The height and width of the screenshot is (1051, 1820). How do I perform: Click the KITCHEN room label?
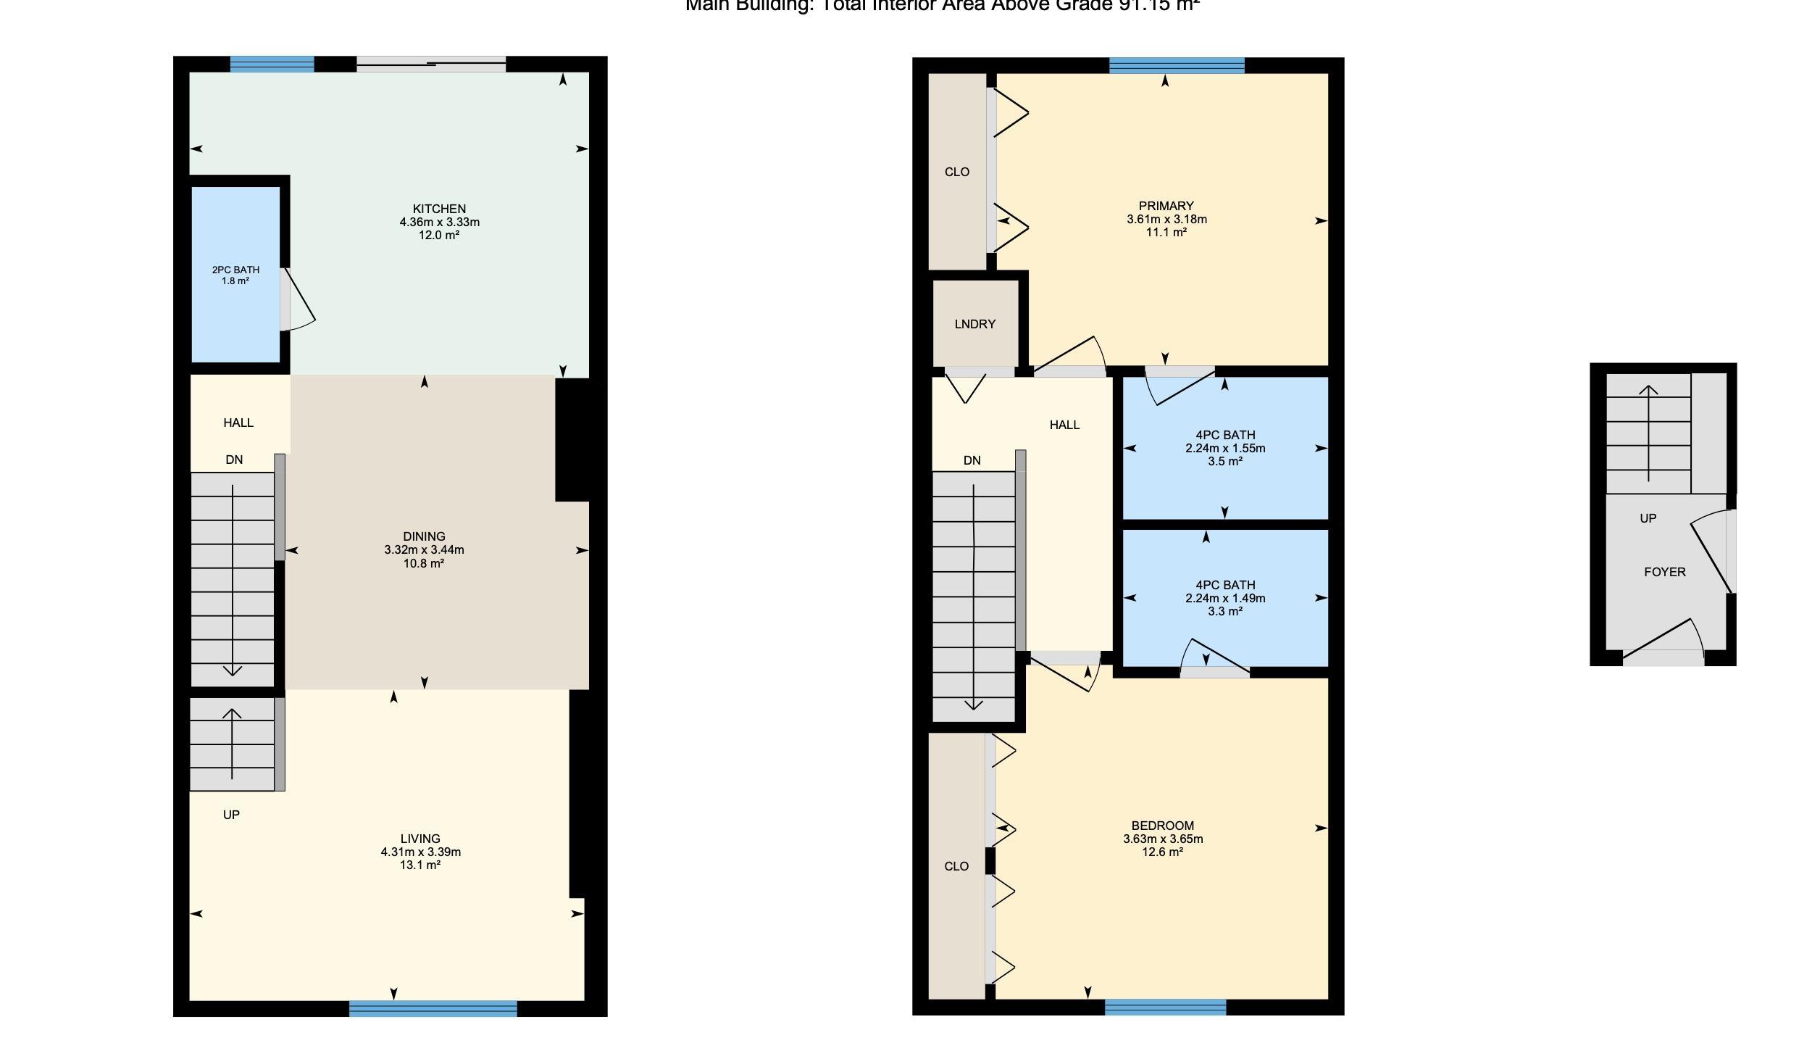pyautogui.click(x=439, y=209)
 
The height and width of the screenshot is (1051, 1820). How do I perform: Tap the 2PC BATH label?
pyautogui.click(x=235, y=270)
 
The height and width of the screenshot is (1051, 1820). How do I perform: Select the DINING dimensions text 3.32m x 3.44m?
pyautogui.click(x=424, y=549)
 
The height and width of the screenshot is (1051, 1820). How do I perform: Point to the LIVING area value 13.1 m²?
pyautogui.click(x=420, y=865)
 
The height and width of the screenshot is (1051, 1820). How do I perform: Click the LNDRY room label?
pyautogui.click(x=974, y=324)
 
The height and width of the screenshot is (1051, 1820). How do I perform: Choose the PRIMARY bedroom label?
pyautogui.click(x=1166, y=206)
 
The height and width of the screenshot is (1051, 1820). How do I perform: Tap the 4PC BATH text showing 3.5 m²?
pyautogui.click(x=1225, y=461)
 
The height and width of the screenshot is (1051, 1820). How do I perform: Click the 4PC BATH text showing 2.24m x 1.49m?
pyautogui.click(x=1225, y=598)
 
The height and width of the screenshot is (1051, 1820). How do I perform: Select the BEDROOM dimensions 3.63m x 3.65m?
pyautogui.click(x=1163, y=839)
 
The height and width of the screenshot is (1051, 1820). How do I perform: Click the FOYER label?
pyautogui.click(x=1664, y=572)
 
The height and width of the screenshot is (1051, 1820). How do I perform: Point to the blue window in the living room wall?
pyautogui.click(x=433, y=1008)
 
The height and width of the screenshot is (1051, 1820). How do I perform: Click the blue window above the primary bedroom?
pyautogui.click(x=1177, y=65)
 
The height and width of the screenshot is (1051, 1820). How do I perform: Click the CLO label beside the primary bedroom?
pyautogui.click(x=956, y=172)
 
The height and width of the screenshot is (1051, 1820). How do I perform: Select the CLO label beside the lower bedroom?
pyautogui.click(x=956, y=866)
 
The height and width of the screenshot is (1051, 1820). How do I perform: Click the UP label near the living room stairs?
pyautogui.click(x=231, y=815)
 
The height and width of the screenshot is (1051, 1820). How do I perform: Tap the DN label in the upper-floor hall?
pyautogui.click(x=972, y=460)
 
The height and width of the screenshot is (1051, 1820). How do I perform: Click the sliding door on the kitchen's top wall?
pyautogui.click(x=431, y=64)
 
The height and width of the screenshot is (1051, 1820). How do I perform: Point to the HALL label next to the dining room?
pyautogui.click(x=238, y=423)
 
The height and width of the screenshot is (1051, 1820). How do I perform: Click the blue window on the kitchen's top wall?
pyautogui.click(x=272, y=64)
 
